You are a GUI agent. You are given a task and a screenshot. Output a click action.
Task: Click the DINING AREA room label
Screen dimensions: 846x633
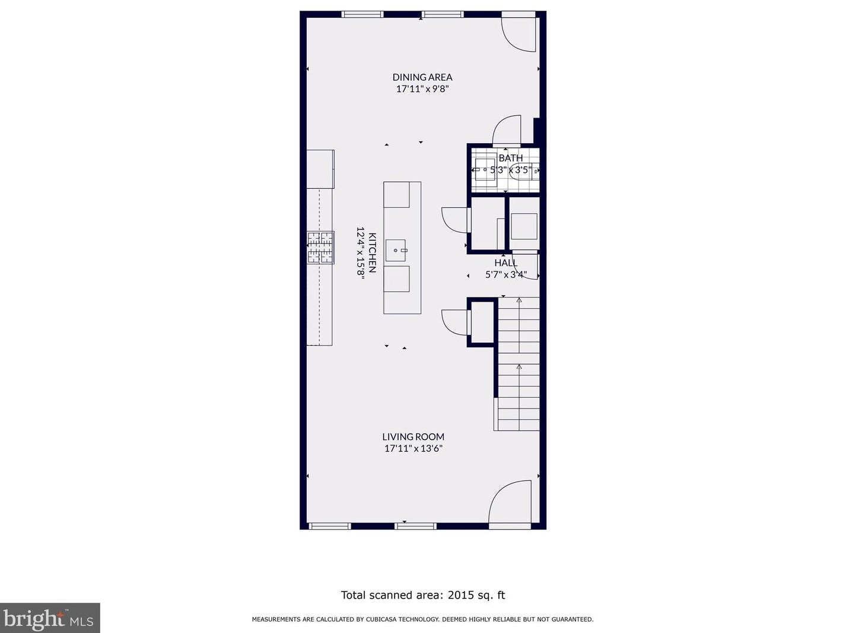[x=422, y=77]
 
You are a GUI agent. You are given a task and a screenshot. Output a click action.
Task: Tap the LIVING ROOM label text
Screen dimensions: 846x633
[x=413, y=436]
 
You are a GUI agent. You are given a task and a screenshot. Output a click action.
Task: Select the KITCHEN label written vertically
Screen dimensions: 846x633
[x=372, y=252]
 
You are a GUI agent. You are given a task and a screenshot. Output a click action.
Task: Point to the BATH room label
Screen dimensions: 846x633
[x=511, y=158]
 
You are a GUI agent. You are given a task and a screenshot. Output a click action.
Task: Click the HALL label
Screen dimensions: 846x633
[x=506, y=263]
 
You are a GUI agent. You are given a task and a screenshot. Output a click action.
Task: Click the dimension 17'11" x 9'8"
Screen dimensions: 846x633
[x=422, y=89]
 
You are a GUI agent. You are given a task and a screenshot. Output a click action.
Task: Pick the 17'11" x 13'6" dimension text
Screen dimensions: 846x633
[x=413, y=448]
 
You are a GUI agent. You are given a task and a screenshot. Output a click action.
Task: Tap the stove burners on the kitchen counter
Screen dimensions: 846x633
[x=321, y=247]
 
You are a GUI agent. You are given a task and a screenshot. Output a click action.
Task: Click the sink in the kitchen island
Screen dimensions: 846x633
[x=396, y=251]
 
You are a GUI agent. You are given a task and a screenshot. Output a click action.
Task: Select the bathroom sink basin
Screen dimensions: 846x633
[x=485, y=169]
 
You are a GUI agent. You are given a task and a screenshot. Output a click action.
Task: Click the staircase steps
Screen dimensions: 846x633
[x=517, y=363]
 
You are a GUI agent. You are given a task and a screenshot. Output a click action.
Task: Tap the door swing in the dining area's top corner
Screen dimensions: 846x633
[x=518, y=34]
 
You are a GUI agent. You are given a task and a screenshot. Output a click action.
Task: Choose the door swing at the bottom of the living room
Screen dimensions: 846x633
[x=510, y=501]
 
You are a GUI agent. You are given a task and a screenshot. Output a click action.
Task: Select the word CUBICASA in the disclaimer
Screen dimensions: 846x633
[x=386, y=619]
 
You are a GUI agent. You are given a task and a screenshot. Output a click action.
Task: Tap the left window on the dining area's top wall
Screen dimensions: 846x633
[x=362, y=14]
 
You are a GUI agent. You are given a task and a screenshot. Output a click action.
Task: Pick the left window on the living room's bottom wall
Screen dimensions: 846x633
[x=329, y=526]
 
